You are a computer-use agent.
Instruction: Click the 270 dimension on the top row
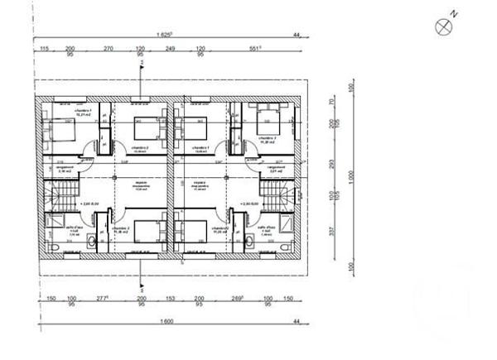(x=108, y=50)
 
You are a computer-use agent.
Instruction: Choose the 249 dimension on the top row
(x=171, y=50)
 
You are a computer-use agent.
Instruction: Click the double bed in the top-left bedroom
(x=60, y=130)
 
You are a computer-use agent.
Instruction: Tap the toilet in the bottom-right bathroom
(x=249, y=240)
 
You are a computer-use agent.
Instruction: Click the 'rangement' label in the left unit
(x=64, y=167)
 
